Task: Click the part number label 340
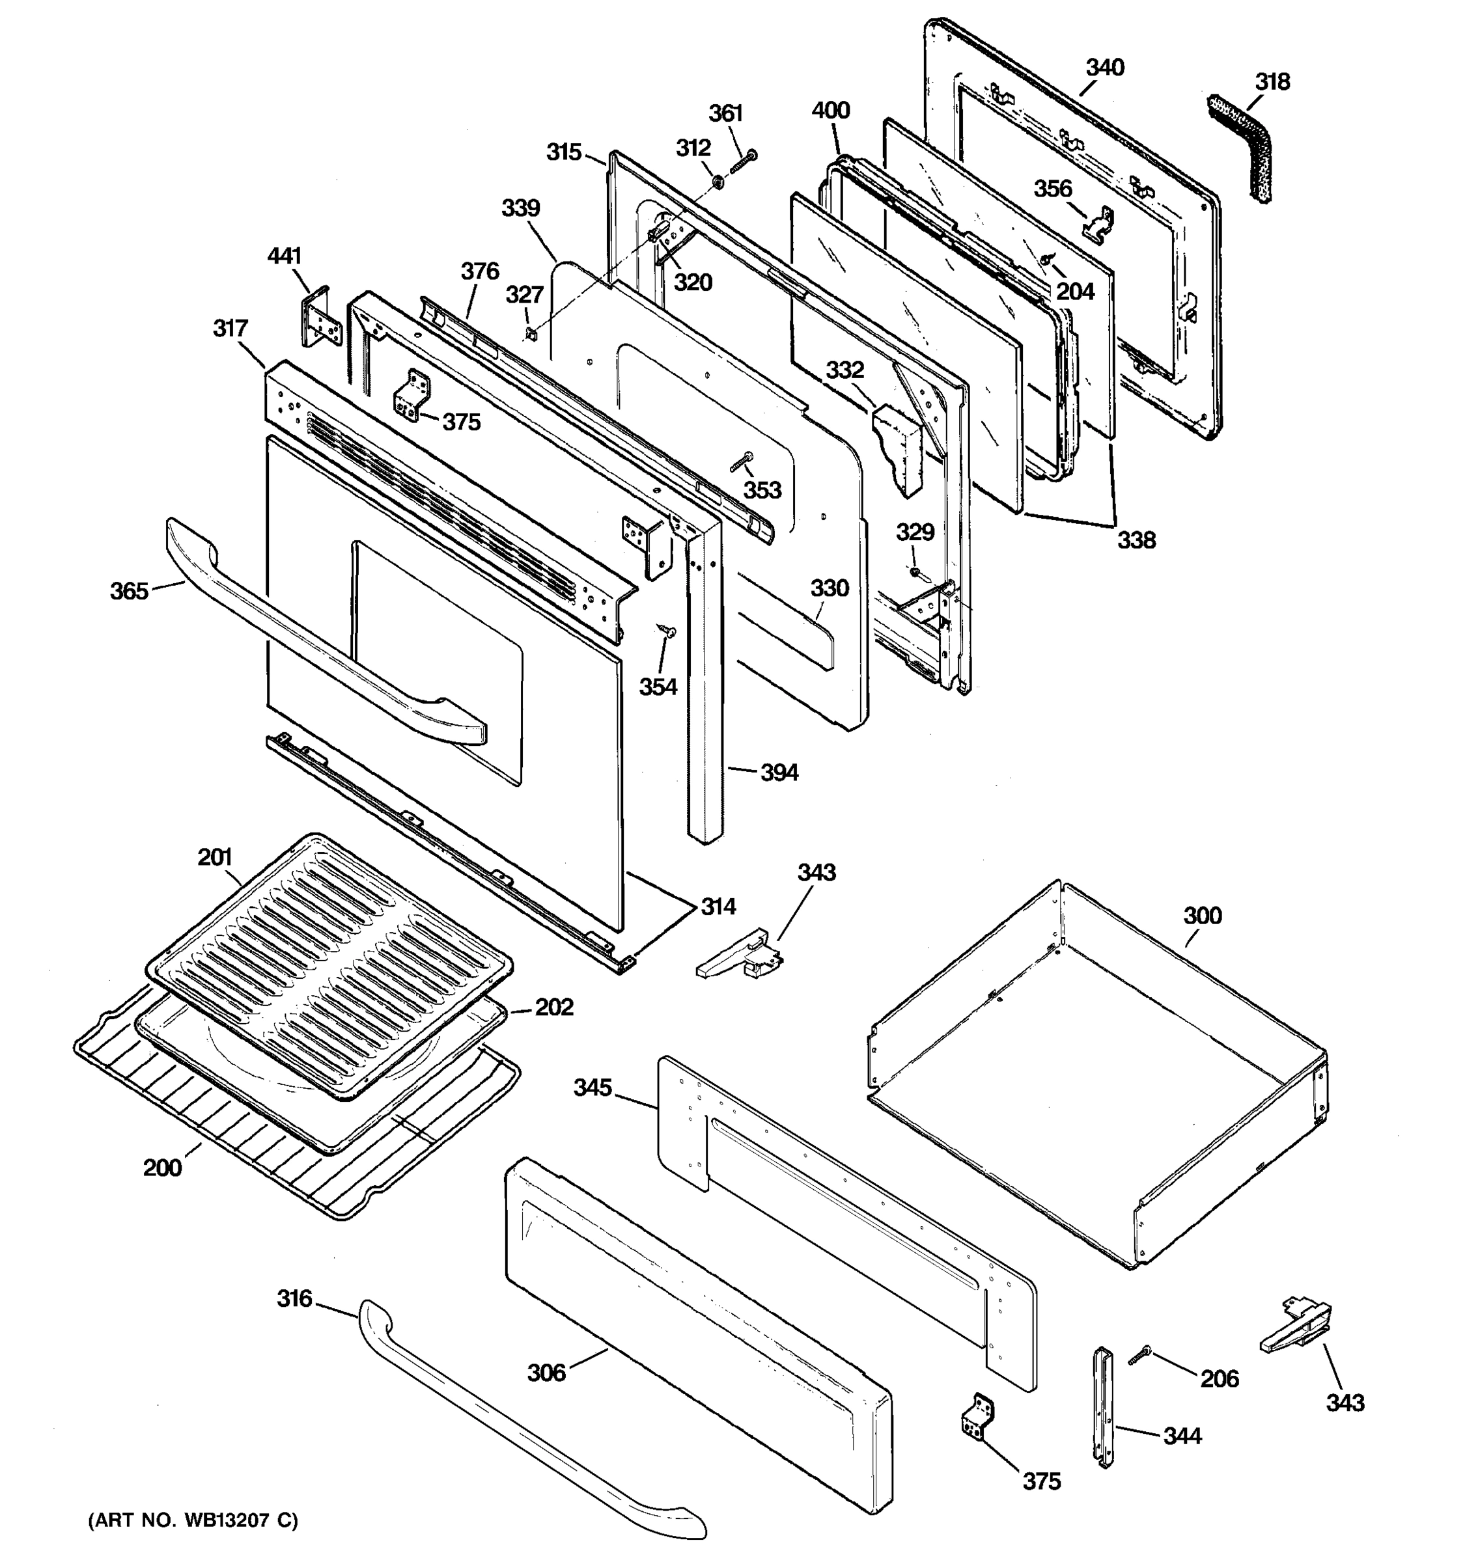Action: tap(1104, 68)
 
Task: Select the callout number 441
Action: tap(284, 256)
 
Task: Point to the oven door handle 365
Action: tap(314, 637)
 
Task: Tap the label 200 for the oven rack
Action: tap(162, 1168)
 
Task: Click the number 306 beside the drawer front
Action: tap(546, 1373)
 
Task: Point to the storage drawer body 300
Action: tap(1100, 1076)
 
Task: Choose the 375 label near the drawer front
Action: tap(1040, 1481)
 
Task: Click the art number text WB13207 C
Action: tap(193, 1521)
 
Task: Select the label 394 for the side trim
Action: tap(778, 773)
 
